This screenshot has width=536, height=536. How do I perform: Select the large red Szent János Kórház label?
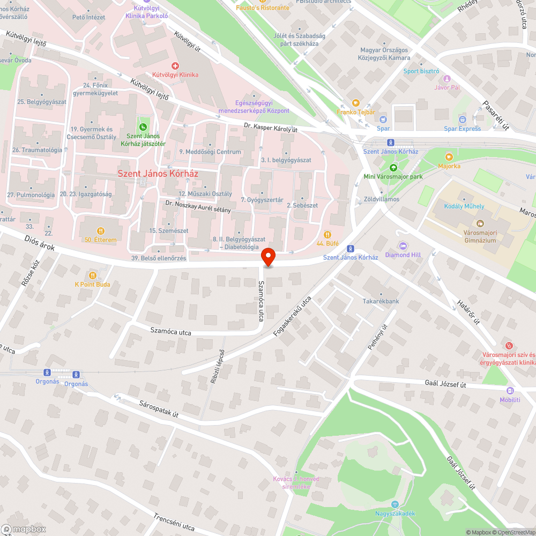click(x=158, y=174)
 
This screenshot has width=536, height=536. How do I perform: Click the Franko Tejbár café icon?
click(x=355, y=102)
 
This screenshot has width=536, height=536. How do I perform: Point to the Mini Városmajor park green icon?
click(x=393, y=167)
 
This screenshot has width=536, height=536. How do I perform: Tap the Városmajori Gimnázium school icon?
click(x=479, y=222)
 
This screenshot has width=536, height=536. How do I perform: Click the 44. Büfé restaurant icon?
click(x=327, y=234)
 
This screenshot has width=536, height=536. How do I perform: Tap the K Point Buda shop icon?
click(x=93, y=276)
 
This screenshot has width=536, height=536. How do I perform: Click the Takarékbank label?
click(x=381, y=301)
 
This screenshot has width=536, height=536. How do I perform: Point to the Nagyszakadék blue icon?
click(x=395, y=504)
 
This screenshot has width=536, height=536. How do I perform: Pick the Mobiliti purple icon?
click(x=510, y=391)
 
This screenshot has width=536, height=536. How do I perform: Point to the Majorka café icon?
click(x=449, y=157)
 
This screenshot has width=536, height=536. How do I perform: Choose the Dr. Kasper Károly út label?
click(x=270, y=129)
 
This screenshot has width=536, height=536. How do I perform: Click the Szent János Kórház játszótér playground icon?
click(x=143, y=127)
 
